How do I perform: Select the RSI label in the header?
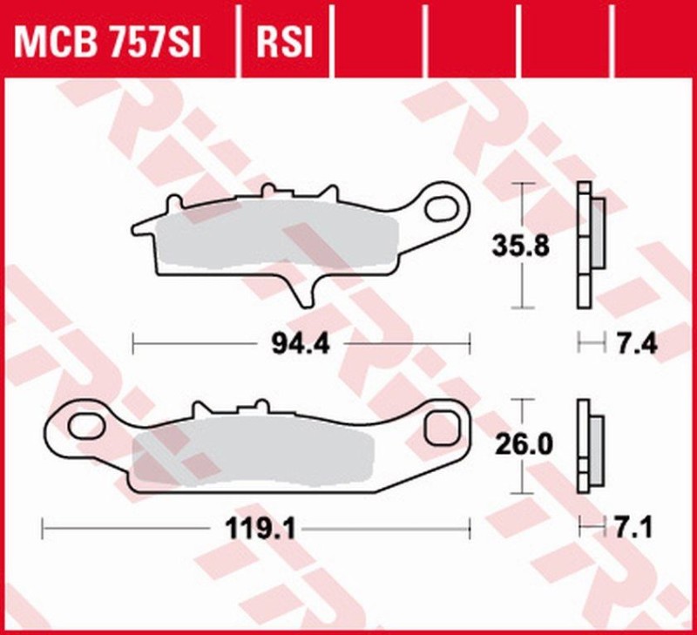tap(283, 40)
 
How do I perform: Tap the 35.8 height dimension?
tap(520, 247)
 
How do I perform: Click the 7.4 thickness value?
tap(636, 345)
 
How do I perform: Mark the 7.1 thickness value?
tap(636, 527)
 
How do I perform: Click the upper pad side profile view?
tap(590, 247)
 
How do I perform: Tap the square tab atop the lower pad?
tap(260, 407)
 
